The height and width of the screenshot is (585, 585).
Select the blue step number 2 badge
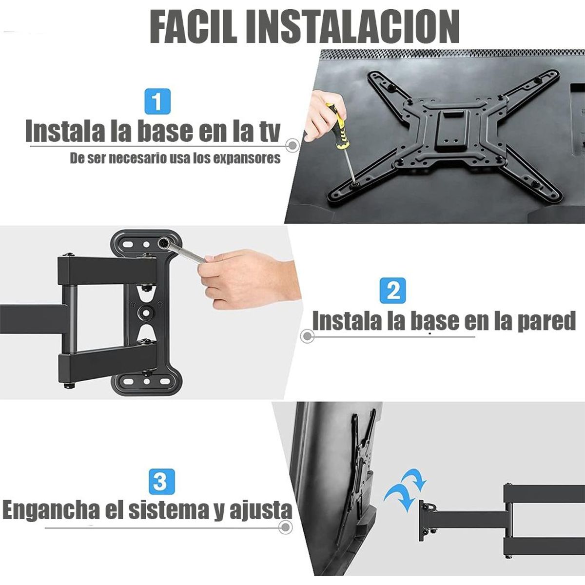click(x=392, y=291)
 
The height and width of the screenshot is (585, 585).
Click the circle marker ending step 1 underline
click(x=292, y=145)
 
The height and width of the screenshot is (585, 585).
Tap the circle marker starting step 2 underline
click(x=306, y=336)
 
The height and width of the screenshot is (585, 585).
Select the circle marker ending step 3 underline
click(x=287, y=526)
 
